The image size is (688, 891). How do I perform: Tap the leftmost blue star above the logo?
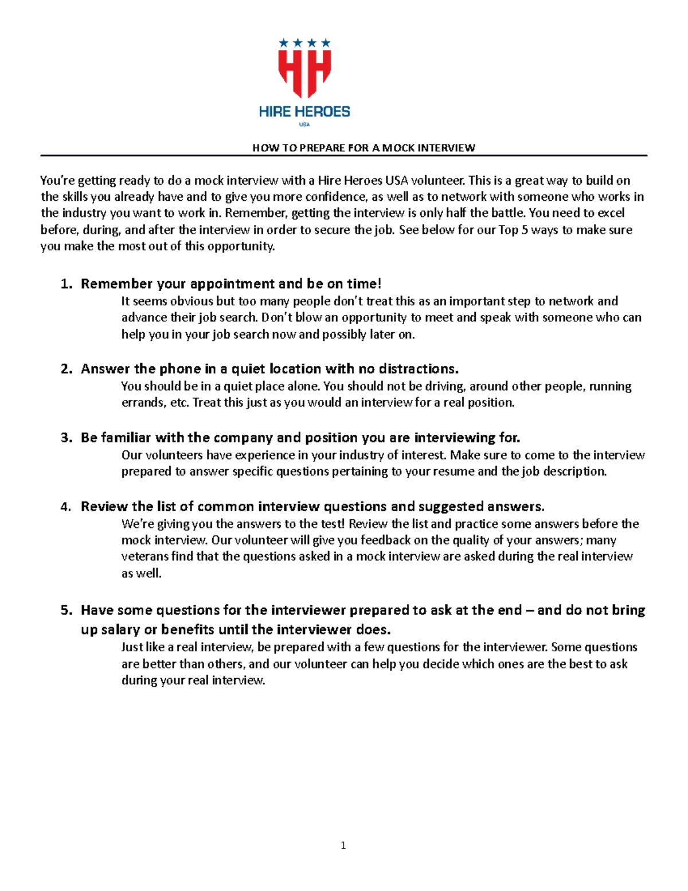click(283, 42)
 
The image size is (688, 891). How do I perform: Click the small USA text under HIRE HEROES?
click(304, 124)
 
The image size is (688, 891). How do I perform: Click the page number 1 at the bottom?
click(343, 845)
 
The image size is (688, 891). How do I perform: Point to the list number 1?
click(66, 284)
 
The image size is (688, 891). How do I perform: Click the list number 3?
click(66, 438)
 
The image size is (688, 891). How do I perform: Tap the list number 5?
click(66, 610)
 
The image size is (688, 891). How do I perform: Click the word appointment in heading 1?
click(232, 284)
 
